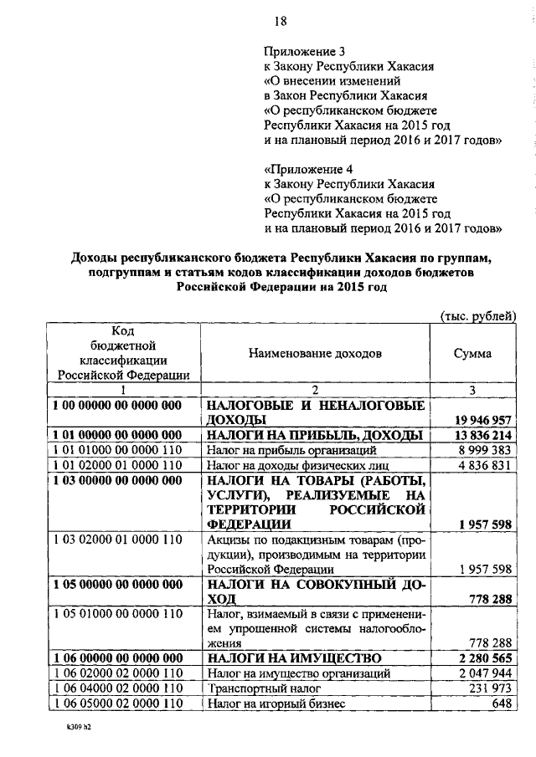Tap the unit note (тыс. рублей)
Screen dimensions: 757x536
tap(478, 314)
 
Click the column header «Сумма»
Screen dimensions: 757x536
tap(472, 354)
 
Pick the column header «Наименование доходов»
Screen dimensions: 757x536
tap(315, 354)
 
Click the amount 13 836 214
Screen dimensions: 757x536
tap(480, 435)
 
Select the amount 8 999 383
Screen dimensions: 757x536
tap(483, 450)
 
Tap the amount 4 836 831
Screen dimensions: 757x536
tap(483, 465)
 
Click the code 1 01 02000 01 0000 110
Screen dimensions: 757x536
tap(117, 465)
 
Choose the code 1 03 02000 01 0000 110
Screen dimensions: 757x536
tap(117, 540)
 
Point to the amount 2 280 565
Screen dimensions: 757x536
tap(483, 659)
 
